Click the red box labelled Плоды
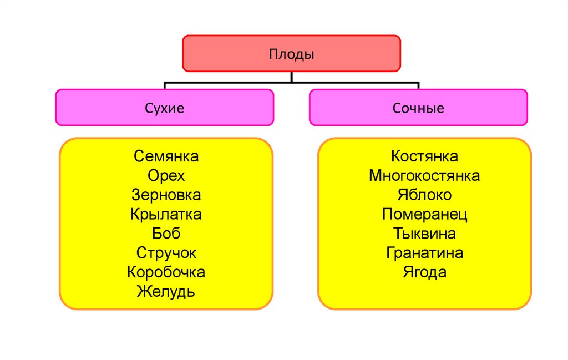[x=291, y=54]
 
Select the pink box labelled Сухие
[x=164, y=108]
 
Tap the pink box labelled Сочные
[x=418, y=108]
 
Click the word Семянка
[x=166, y=156]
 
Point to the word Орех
[x=166, y=176]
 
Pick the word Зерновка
[x=166, y=195]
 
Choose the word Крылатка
[x=166, y=214]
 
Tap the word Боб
[x=166, y=234]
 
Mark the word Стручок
[x=166, y=253]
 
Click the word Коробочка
[x=166, y=272]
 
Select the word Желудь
[x=166, y=292]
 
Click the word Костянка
[x=424, y=156]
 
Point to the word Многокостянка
[x=424, y=176]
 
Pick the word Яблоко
[x=424, y=195]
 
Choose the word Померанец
[x=424, y=214]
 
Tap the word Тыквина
[x=424, y=234]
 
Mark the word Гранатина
[x=424, y=253]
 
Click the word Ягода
[x=424, y=272]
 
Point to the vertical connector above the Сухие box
[x=165, y=85]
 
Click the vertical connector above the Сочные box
[x=418, y=85]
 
